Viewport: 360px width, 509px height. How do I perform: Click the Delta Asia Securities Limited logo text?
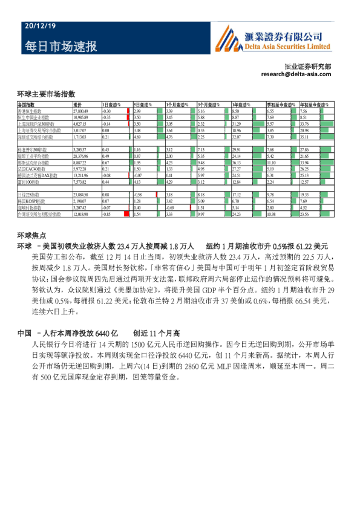coord(290,46)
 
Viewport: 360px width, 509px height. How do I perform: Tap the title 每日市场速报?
coord(61,47)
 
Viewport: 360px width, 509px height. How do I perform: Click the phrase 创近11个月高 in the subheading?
coord(157,334)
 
